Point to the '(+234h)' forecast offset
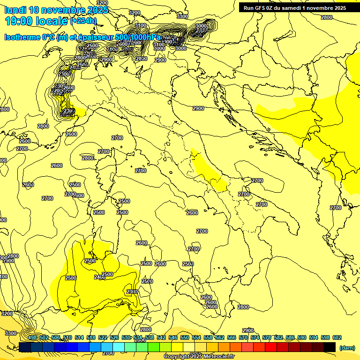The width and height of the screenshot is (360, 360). [83, 21]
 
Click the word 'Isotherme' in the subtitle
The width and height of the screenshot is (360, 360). [22, 37]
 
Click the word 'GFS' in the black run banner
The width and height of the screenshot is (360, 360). [262, 7]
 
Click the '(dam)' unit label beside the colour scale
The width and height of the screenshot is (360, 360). [347, 348]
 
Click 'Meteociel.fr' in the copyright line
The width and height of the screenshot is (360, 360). [219, 357]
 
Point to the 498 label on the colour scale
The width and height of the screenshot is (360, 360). [32, 337]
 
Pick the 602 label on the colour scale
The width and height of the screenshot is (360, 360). [337, 337]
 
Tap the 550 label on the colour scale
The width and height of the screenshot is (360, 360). [185, 337]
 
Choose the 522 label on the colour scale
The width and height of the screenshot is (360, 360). [103, 337]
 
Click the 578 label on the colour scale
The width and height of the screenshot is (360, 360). [267, 337]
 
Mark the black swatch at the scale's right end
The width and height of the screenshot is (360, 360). [330, 347]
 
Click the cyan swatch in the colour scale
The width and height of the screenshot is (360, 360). [119, 347]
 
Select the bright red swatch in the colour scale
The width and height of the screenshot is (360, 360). [271, 347]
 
